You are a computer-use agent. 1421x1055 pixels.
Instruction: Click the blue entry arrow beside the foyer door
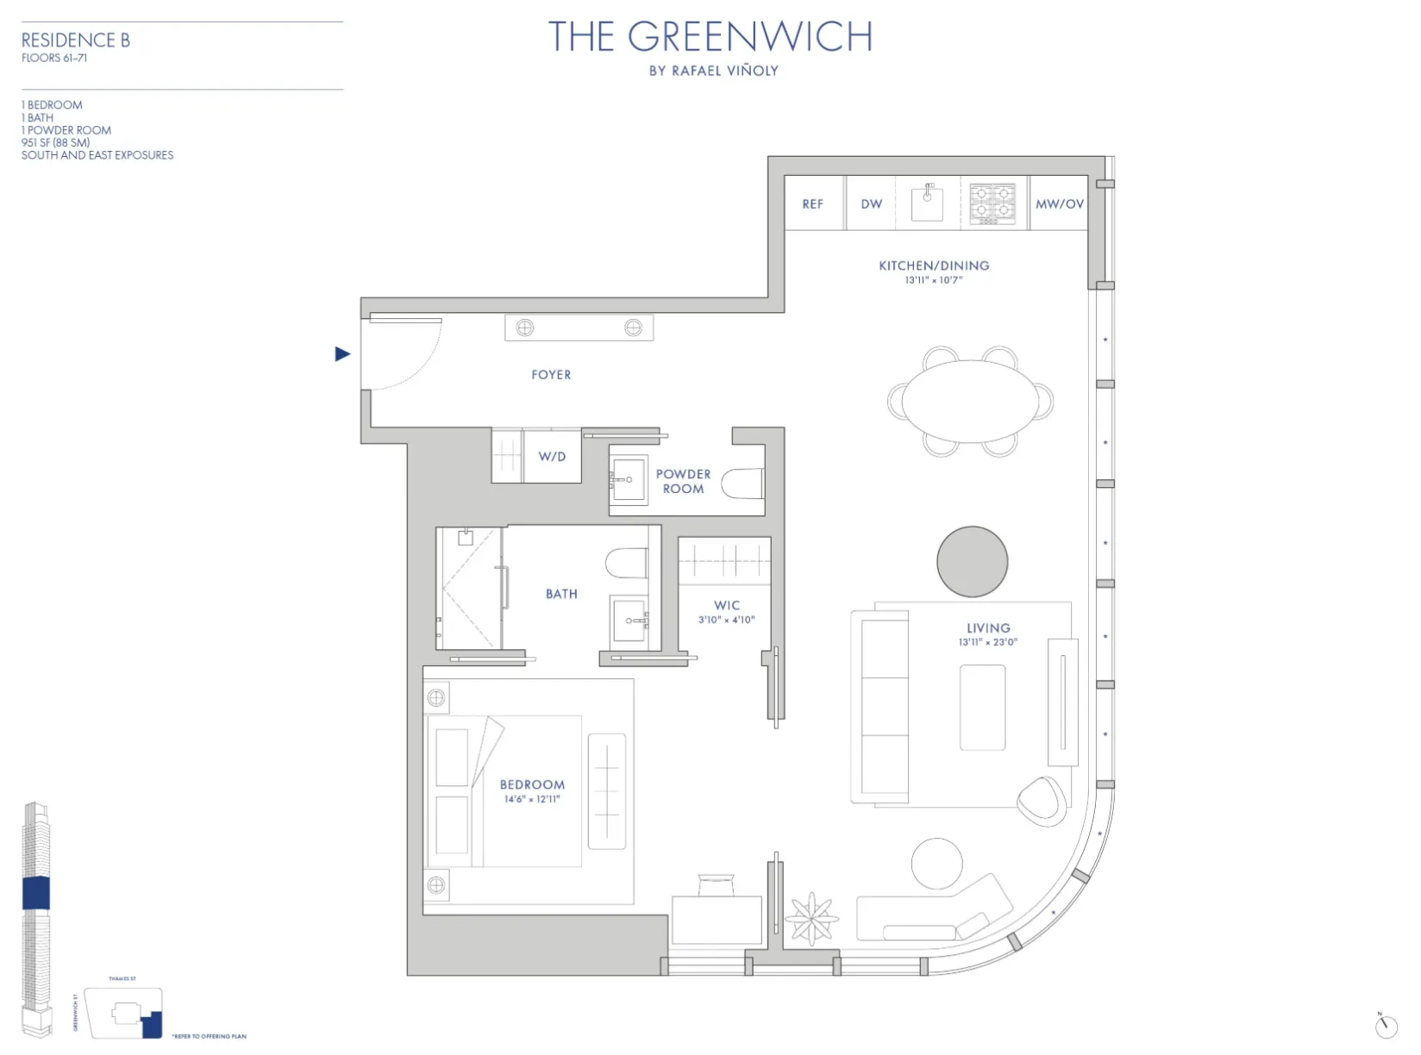pos(342,353)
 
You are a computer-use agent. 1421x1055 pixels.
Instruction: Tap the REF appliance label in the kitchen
pos(812,204)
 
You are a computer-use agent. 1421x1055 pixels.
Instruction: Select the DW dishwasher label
pos(871,204)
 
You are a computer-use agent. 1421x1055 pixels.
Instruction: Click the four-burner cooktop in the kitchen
pos(992,204)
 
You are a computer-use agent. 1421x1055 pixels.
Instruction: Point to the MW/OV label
pos(1059,204)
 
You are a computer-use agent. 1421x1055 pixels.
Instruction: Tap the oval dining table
pos(971,401)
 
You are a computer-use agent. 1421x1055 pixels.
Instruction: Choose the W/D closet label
pos(552,456)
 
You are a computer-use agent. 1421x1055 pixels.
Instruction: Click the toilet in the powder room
pos(742,484)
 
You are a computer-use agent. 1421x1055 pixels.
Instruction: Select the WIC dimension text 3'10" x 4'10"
pos(726,620)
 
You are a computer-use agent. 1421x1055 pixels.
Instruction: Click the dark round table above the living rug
pos(972,562)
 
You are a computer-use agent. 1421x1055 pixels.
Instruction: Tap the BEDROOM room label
pos(532,784)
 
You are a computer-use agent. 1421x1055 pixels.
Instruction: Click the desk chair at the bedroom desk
pos(717,885)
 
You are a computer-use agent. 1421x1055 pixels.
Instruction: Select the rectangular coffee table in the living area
pos(982,707)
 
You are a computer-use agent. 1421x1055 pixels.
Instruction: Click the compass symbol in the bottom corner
pos(1385,1026)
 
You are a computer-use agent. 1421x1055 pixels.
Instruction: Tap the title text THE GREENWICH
pos(710,37)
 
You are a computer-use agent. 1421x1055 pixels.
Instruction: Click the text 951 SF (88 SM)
pos(55,142)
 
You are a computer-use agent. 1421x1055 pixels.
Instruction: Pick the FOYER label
pos(551,375)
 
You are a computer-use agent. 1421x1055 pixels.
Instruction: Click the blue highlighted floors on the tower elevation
pos(35,893)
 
